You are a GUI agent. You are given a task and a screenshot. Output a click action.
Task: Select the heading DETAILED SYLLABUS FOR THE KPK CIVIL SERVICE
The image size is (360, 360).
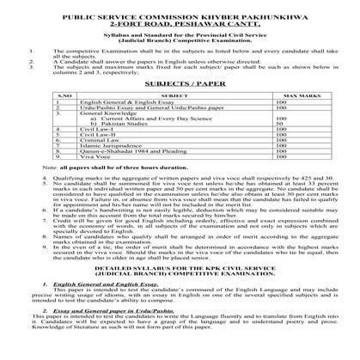click(x=180, y=294)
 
